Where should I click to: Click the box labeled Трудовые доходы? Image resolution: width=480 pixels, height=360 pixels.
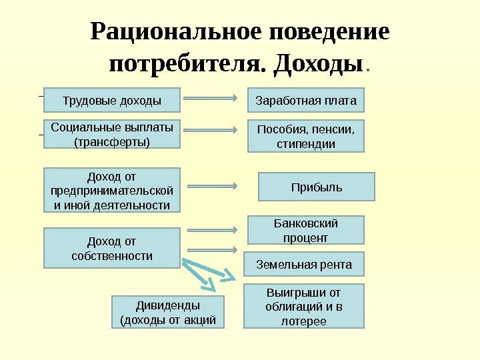click(112, 101)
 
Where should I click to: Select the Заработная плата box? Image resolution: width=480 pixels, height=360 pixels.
click(306, 101)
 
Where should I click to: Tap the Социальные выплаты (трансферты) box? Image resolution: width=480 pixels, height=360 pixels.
click(112, 134)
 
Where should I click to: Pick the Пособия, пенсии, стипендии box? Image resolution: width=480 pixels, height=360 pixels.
click(306, 136)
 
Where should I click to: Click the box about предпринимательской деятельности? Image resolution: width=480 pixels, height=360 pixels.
click(112, 190)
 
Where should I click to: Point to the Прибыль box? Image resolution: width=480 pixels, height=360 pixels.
click(317, 187)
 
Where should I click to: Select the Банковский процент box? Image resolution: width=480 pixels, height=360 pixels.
click(306, 230)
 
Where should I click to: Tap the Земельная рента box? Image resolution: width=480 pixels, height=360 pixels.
click(304, 264)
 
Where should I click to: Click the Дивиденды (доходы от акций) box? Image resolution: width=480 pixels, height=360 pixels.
click(167, 313)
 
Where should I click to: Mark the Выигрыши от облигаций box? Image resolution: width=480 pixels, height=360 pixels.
click(303, 306)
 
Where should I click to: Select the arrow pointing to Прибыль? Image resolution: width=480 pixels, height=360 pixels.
click(213, 186)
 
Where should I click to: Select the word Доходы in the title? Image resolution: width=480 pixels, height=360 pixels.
click(321, 65)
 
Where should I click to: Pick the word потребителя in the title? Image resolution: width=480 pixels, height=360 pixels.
click(187, 65)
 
